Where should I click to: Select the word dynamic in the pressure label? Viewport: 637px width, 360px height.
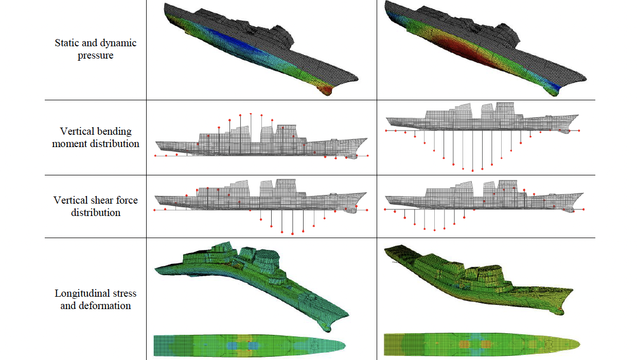click(117, 43)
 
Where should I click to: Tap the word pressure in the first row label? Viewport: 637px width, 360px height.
click(96, 55)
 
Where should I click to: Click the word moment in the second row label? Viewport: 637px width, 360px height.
click(70, 144)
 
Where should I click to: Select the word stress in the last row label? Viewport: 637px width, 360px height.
click(125, 293)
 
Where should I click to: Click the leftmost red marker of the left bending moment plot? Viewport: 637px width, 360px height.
click(155, 155)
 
